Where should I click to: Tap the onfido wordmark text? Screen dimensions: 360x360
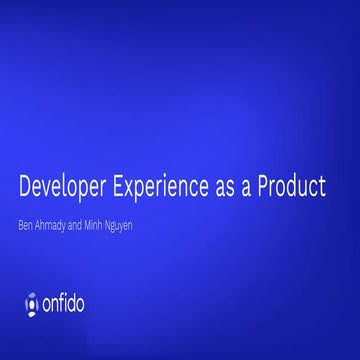point(78,298)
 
